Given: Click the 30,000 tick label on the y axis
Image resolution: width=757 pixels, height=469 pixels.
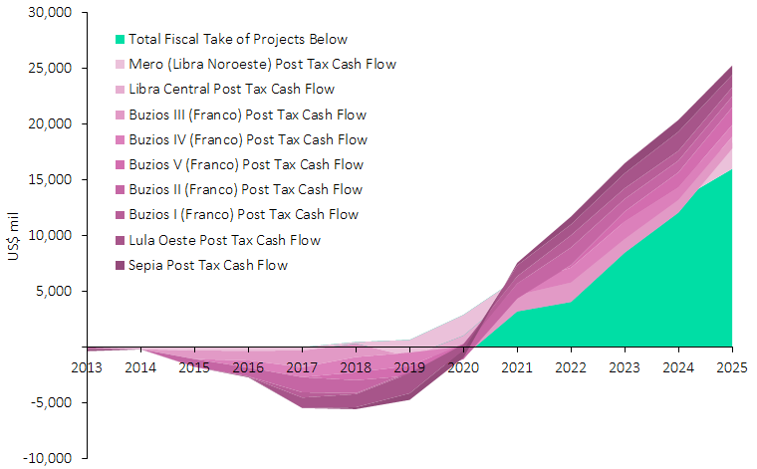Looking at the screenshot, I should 50,13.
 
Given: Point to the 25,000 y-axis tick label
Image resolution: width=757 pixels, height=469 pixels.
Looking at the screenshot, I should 50,69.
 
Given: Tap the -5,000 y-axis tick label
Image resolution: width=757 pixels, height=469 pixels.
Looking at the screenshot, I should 52,403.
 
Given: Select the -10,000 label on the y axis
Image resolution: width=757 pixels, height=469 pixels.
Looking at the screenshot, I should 49,458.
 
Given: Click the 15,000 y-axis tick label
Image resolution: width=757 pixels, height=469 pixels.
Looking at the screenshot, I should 50,180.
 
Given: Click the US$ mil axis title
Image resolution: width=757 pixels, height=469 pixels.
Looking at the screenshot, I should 13,236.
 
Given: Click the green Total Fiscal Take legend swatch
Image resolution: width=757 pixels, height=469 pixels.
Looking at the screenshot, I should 121,40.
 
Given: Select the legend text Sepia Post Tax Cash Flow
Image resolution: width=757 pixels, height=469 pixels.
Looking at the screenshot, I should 207,265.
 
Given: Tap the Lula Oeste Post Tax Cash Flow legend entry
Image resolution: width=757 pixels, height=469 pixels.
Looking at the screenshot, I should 224,240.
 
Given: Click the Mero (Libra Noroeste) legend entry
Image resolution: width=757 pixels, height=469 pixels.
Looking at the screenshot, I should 262,65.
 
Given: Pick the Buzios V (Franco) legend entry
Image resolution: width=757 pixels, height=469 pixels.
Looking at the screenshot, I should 246,164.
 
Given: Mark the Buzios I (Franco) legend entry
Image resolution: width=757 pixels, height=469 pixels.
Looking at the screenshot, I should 244,215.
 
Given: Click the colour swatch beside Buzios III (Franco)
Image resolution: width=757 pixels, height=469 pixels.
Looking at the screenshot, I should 121,115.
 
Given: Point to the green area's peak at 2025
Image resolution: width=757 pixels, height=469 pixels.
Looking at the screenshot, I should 731,170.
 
